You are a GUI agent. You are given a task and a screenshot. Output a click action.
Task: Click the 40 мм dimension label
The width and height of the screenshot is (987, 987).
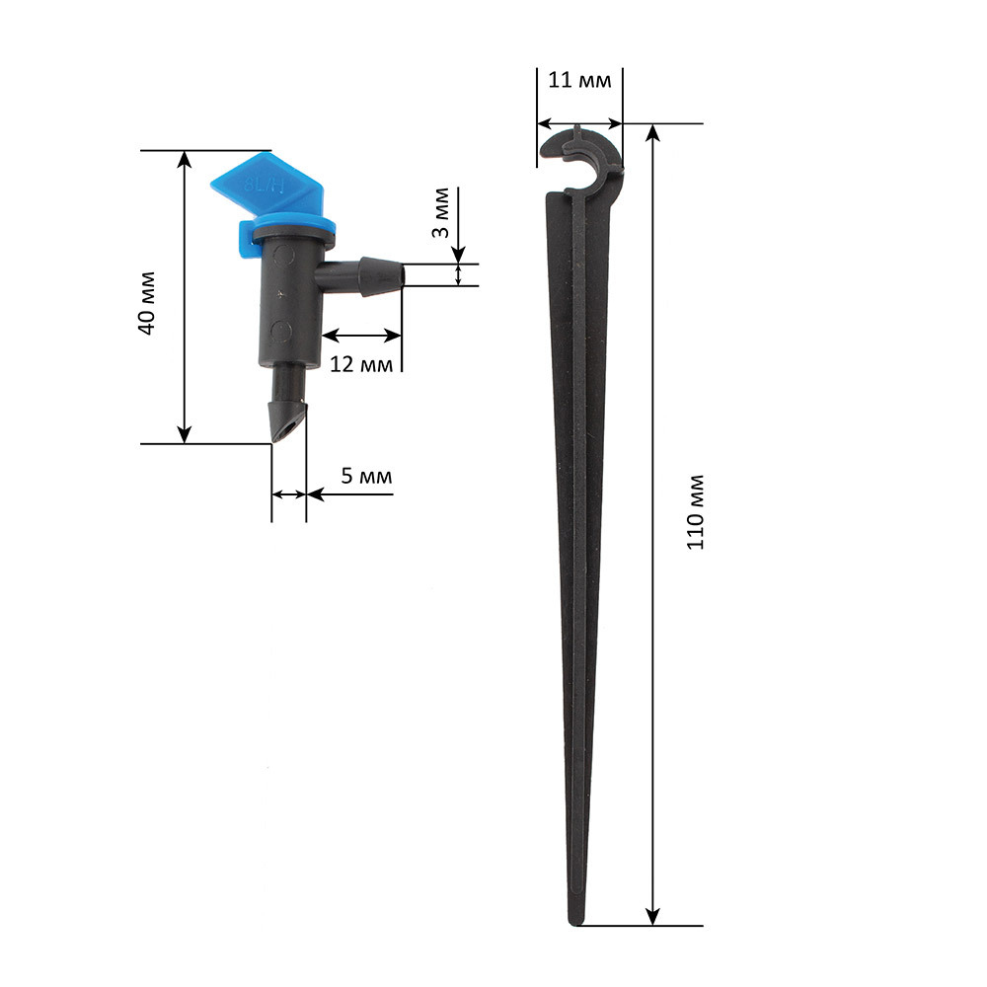tap(147, 303)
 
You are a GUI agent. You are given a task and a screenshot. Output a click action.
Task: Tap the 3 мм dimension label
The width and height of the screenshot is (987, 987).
tap(441, 213)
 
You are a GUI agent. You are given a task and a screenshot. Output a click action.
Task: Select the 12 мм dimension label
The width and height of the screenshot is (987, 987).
tap(361, 364)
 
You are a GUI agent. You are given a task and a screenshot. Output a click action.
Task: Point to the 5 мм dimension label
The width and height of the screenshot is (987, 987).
tap(366, 476)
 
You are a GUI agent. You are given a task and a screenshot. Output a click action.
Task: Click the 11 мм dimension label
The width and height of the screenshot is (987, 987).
tap(579, 80)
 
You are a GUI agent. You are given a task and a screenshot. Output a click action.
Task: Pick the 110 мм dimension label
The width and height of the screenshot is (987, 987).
tap(695, 512)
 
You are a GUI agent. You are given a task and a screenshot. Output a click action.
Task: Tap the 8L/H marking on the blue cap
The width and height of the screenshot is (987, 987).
tap(265, 186)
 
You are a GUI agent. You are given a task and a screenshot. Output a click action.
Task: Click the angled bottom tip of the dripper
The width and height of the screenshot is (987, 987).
tap(288, 421)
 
